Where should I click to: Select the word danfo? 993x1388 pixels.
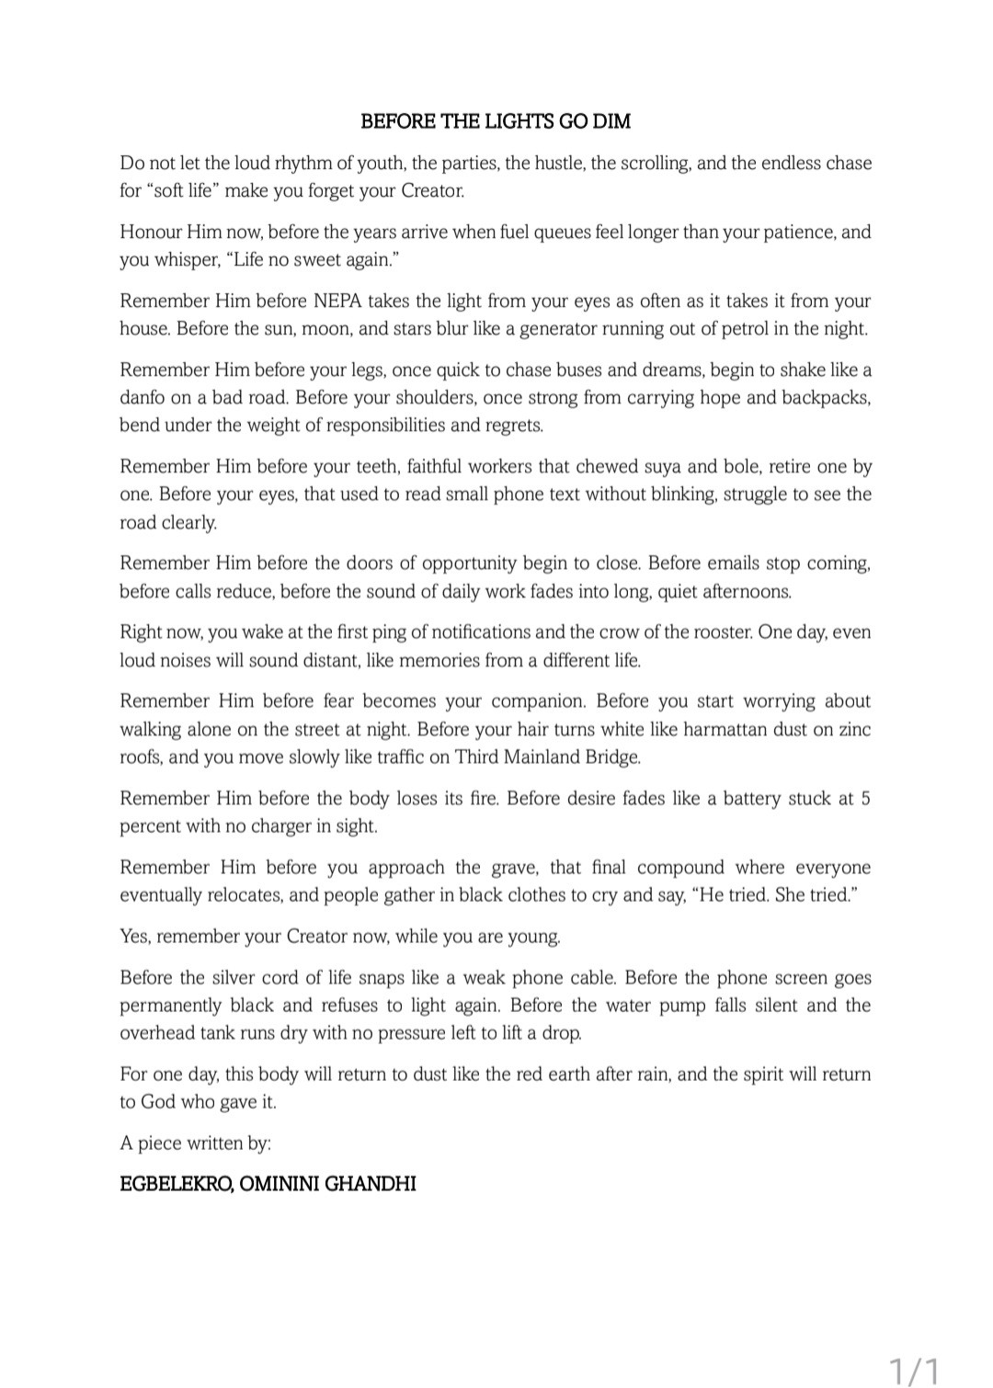pyautogui.click(x=144, y=398)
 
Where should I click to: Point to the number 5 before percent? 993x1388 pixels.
pyautogui.click(x=865, y=799)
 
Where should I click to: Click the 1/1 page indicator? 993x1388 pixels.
pyautogui.click(x=914, y=1371)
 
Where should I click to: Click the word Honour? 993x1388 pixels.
pyautogui.click(x=151, y=233)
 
